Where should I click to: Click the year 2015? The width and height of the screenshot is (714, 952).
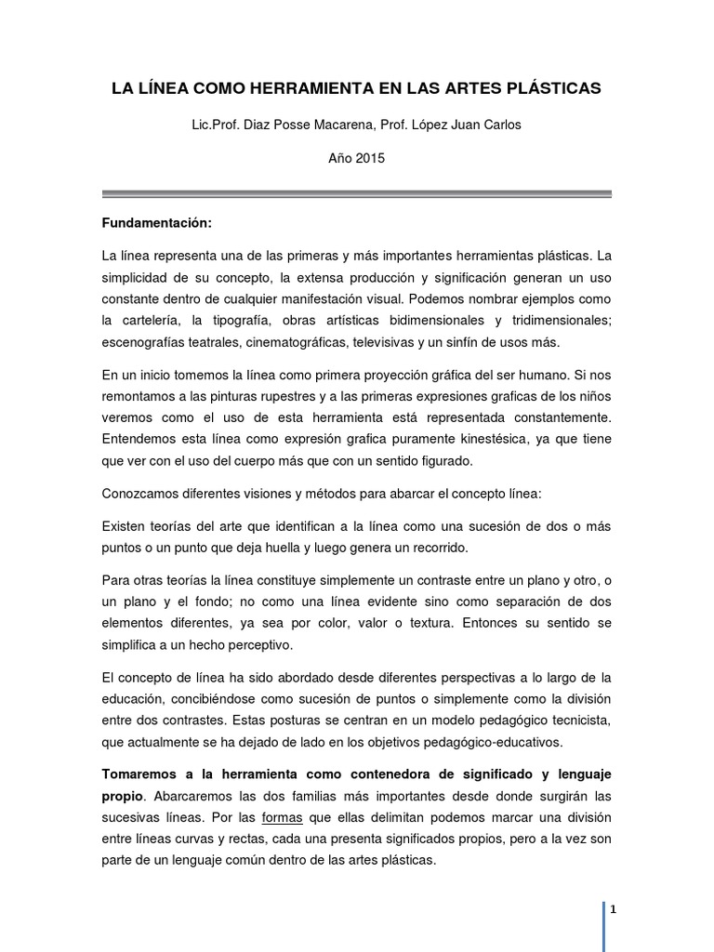tap(370, 158)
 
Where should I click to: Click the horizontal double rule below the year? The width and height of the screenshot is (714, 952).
tap(357, 193)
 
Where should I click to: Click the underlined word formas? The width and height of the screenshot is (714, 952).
tap(281, 818)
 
